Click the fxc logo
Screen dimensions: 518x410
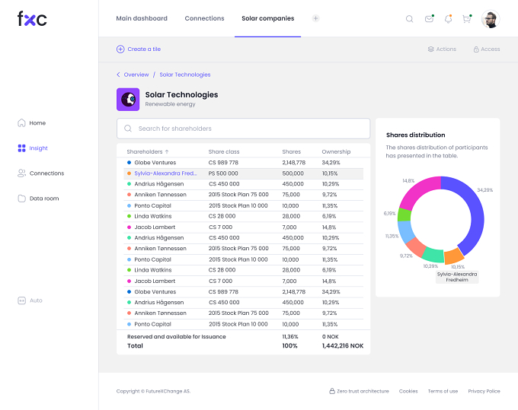coord(32,18)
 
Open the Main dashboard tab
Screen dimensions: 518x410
coord(142,18)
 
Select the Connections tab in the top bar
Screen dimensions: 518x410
coord(204,18)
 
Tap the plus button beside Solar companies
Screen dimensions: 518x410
coord(316,18)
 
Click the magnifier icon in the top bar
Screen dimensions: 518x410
coord(409,19)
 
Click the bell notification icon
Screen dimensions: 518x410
coord(448,19)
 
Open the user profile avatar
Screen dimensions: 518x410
coord(491,19)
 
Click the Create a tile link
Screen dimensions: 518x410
coord(139,49)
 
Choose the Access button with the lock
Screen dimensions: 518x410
coord(487,49)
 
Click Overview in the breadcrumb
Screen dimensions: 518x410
coord(136,75)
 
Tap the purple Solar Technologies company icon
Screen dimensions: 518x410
coord(128,100)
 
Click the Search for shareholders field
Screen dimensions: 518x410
coord(244,129)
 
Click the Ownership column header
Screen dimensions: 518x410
coord(336,151)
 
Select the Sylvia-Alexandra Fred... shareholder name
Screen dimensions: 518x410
coord(165,173)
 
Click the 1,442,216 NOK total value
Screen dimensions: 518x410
coord(343,345)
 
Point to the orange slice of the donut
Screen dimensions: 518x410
coord(453,256)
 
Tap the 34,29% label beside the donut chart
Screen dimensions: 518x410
coord(484,190)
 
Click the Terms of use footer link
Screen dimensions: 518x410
coord(443,391)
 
